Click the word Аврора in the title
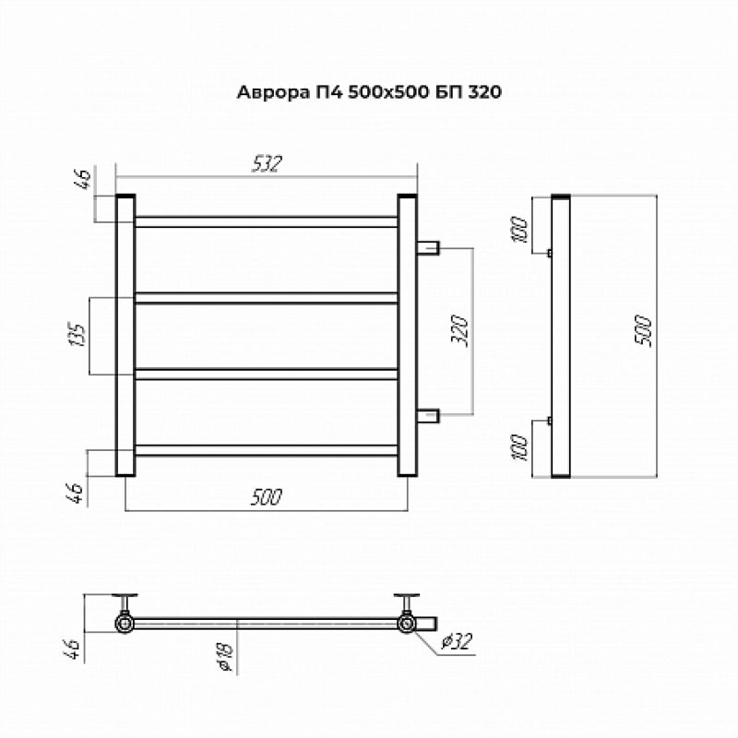pos(268,92)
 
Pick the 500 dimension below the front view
pos(266,497)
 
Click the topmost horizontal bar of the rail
pos(267,221)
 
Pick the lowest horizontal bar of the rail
pos(267,450)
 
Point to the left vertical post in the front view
pos(125,336)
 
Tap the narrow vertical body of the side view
pos(560,336)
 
